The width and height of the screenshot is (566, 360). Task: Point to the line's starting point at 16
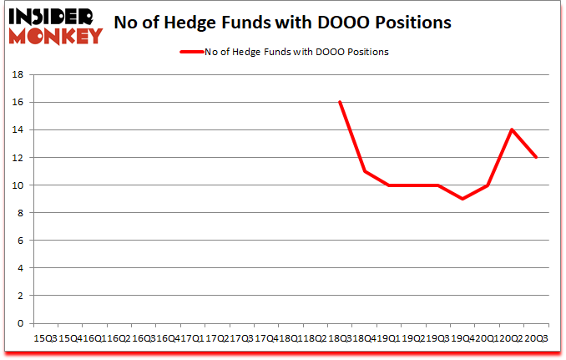[340, 102]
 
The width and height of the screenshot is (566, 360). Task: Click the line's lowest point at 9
[462, 199]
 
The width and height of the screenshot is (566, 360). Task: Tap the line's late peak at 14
[512, 129]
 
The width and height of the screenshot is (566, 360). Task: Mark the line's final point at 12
[536, 157]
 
